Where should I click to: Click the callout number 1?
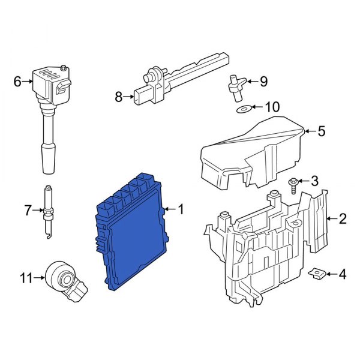(x=181, y=209)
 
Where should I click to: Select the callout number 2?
(x=343, y=219)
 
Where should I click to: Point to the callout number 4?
(x=342, y=275)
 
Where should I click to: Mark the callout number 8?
(x=118, y=95)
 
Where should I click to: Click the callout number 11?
(x=25, y=277)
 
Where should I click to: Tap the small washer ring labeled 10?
(x=243, y=109)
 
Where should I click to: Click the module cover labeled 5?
(x=252, y=150)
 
